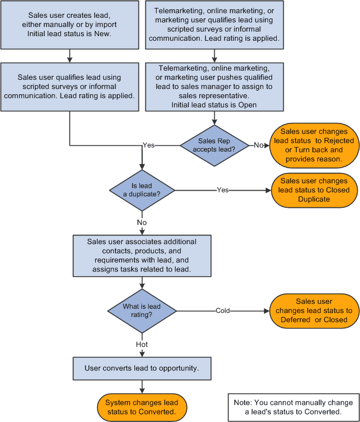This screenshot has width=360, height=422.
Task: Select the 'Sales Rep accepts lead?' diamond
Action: point(214,145)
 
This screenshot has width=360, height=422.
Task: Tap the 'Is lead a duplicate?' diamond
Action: point(142,189)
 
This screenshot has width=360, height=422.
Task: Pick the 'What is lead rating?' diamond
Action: point(142,311)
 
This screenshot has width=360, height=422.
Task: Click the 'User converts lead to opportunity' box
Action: point(142,368)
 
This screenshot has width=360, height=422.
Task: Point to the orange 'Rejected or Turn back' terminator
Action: point(314,145)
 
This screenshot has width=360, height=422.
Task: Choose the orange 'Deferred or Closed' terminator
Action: point(313,311)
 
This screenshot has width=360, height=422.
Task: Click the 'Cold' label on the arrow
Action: point(223,311)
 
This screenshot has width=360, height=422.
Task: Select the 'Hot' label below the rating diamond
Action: point(142,344)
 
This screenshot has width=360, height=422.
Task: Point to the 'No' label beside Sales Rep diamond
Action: point(258,145)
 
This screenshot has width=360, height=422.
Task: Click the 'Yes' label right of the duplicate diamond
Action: point(223,189)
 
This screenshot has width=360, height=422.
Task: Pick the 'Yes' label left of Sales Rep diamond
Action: point(148,145)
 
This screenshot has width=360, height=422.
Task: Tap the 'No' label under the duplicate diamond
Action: point(142,221)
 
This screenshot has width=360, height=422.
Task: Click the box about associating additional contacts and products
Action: point(142,254)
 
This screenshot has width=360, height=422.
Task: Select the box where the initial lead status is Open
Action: point(214,86)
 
